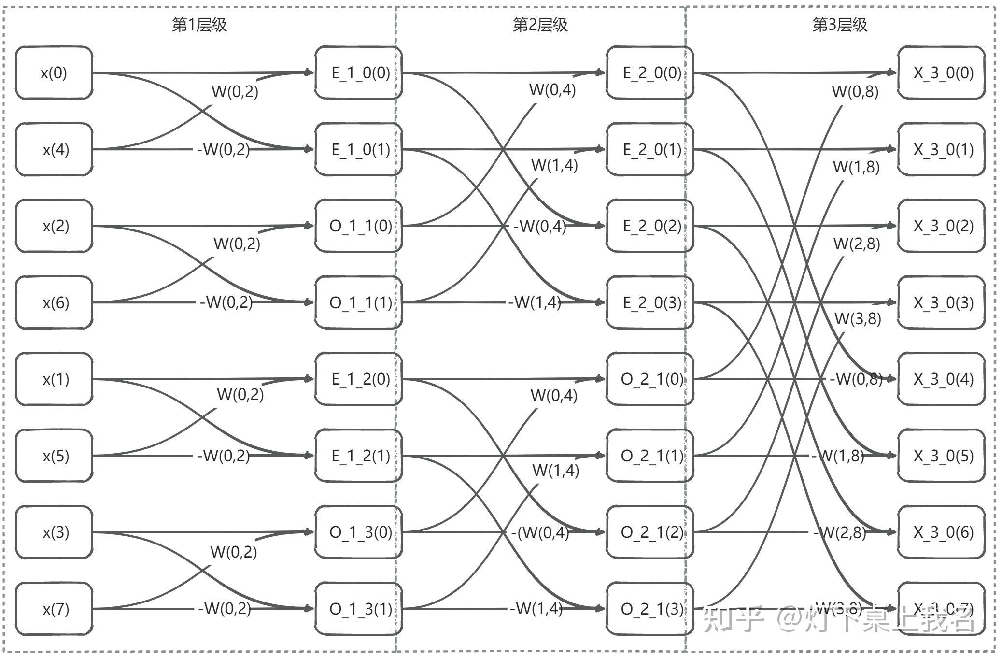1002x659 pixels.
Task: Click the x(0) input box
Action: tap(54, 73)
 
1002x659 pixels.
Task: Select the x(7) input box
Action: tap(54, 609)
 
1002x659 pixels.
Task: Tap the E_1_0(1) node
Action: tap(358, 149)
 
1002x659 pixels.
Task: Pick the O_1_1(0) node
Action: tap(358, 226)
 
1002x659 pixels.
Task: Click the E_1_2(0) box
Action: tap(358, 379)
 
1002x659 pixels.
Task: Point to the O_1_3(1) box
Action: tap(358, 609)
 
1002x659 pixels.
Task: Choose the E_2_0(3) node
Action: tap(650, 302)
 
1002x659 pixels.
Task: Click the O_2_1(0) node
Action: tap(650, 379)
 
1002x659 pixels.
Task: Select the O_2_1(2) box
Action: tap(650, 532)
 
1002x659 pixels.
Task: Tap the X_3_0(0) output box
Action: tap(941, 73)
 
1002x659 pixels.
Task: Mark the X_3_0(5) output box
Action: tap(941, 456)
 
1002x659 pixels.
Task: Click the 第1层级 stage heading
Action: tap(199, 25)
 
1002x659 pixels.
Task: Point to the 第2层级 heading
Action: tap(540, 25)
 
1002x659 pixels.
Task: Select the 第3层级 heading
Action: tap(840, 25)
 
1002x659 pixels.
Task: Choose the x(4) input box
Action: tap(54, 149)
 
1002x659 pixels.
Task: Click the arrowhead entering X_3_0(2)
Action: tap(892, 226)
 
